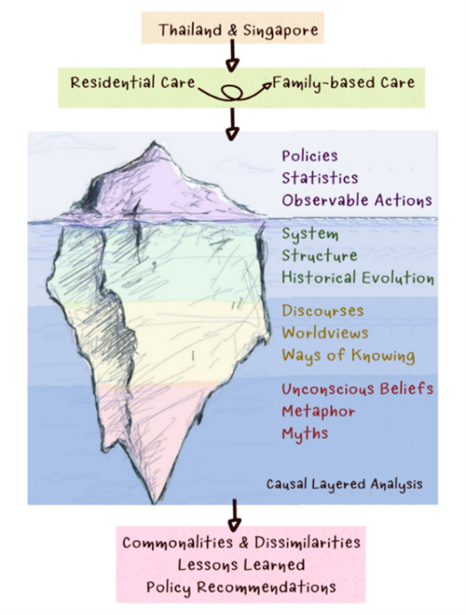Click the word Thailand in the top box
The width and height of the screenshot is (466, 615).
(185, 30)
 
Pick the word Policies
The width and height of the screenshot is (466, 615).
(309, 156)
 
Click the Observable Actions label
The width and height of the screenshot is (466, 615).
(357, 199)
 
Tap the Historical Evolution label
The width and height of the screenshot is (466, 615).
(357, 277)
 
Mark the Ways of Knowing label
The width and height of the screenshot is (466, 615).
(348, 355)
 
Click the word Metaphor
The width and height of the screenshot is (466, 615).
(318, 411)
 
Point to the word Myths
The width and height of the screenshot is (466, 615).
(305, 433)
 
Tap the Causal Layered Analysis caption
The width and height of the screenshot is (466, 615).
(344, 484)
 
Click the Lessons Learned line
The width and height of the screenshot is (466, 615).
(241, 564)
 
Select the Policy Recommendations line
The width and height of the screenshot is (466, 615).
(241, 586)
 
